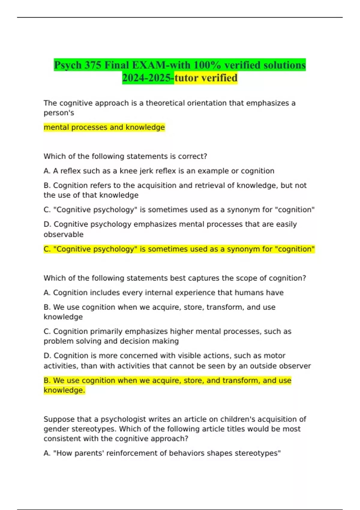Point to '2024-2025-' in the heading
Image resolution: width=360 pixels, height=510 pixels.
pos(148,78)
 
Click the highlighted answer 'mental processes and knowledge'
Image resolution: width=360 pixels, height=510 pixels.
pos(104,127)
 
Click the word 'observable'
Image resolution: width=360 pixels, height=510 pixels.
pos(64,235)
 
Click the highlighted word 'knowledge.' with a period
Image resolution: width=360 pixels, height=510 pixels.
pos(64,390)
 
